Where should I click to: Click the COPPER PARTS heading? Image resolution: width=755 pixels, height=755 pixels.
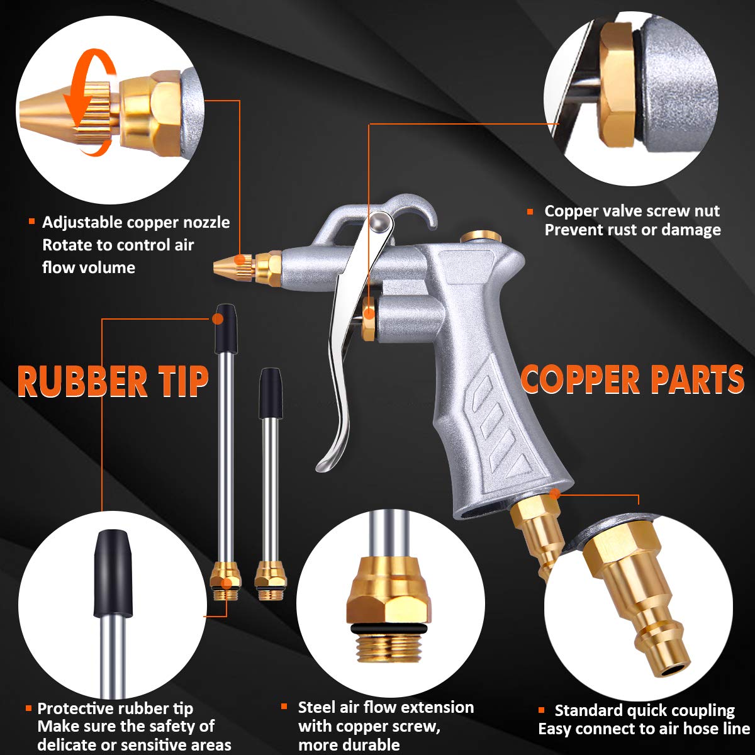pyautogui.click(x=632, y=379)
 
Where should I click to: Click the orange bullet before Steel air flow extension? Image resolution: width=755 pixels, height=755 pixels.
pyautogui.click(x=285, y=707)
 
